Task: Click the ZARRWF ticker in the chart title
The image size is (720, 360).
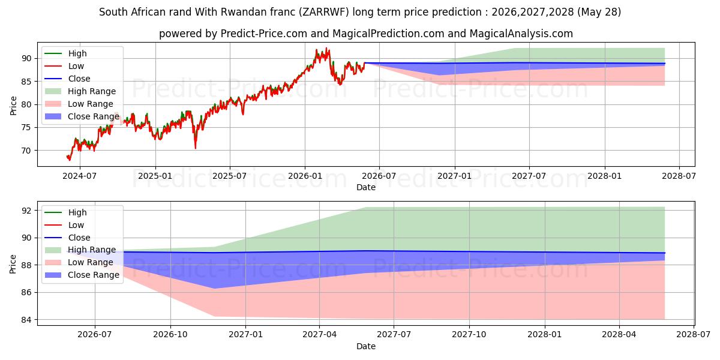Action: [323, 12]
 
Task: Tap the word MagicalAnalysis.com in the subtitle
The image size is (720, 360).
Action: [521, 34]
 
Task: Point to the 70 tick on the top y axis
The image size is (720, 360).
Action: [26, 151]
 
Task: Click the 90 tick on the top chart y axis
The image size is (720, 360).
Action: [26, 59]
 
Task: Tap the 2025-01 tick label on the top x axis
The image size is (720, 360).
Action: [155, 176]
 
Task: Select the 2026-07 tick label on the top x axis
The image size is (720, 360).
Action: [379, 176]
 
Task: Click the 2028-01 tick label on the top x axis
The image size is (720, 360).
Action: [605, 176]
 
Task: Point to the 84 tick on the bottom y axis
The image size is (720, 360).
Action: [26, 320]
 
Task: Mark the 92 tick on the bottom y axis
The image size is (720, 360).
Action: [26, 211]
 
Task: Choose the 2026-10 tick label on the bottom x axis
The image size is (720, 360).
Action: [170, 335]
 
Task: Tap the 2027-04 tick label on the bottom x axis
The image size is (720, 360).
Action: [319, 335]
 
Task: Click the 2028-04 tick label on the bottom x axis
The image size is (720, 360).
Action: [619, 335]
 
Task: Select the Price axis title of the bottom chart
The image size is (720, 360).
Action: [13, 264]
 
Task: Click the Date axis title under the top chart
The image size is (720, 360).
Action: [366, 187]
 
